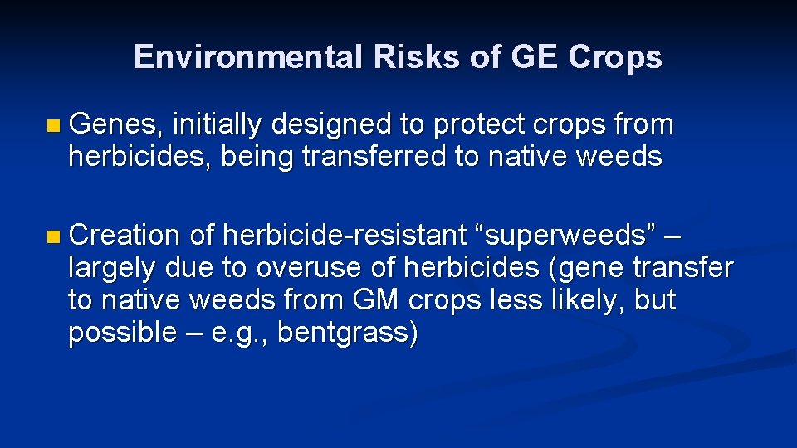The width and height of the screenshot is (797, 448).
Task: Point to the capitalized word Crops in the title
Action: pyautogui.click(x=615, y=56)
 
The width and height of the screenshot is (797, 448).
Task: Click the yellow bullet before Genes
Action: pyautogui.click(x=54, y=126)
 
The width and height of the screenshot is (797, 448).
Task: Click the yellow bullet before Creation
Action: pyautogui.click(x=54, y=237)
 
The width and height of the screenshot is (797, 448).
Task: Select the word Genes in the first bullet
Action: pyautogui.click(x=115, y=124)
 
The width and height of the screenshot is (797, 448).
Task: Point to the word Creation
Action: pyautogui.click(x=125, y=236)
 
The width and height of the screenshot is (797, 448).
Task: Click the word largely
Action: pyautogui.click(x=113, y=268)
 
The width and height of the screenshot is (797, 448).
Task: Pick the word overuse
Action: pyautogui.click(x=302, y=268)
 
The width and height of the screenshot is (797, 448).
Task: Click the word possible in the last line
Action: pyautogui.click(x=122, y=333)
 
